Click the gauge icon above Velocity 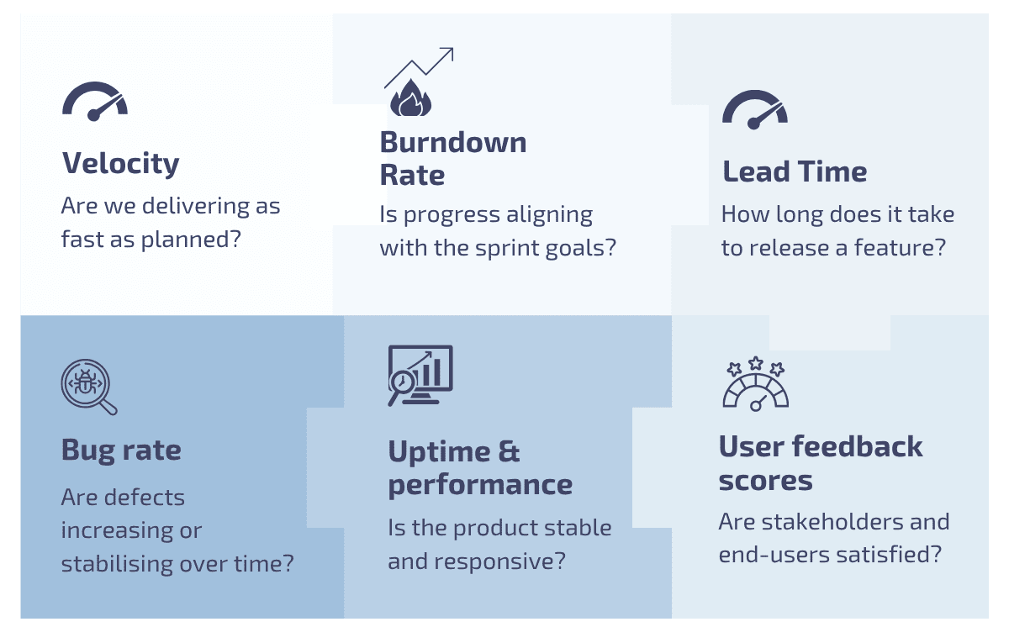click(94, 102)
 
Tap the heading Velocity click(120, 163)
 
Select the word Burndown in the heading click(452, 142)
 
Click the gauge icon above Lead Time click(754, 110)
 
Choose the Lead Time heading click(795, 171)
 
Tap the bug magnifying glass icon click(87, 387)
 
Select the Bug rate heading click(120, 450)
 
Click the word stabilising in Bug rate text click(114, 563)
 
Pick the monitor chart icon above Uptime click(420, 374)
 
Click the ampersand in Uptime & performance click(509, 451)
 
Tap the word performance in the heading click(480, 485)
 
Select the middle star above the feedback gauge click(755, 363)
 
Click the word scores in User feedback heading click(765, 481)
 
